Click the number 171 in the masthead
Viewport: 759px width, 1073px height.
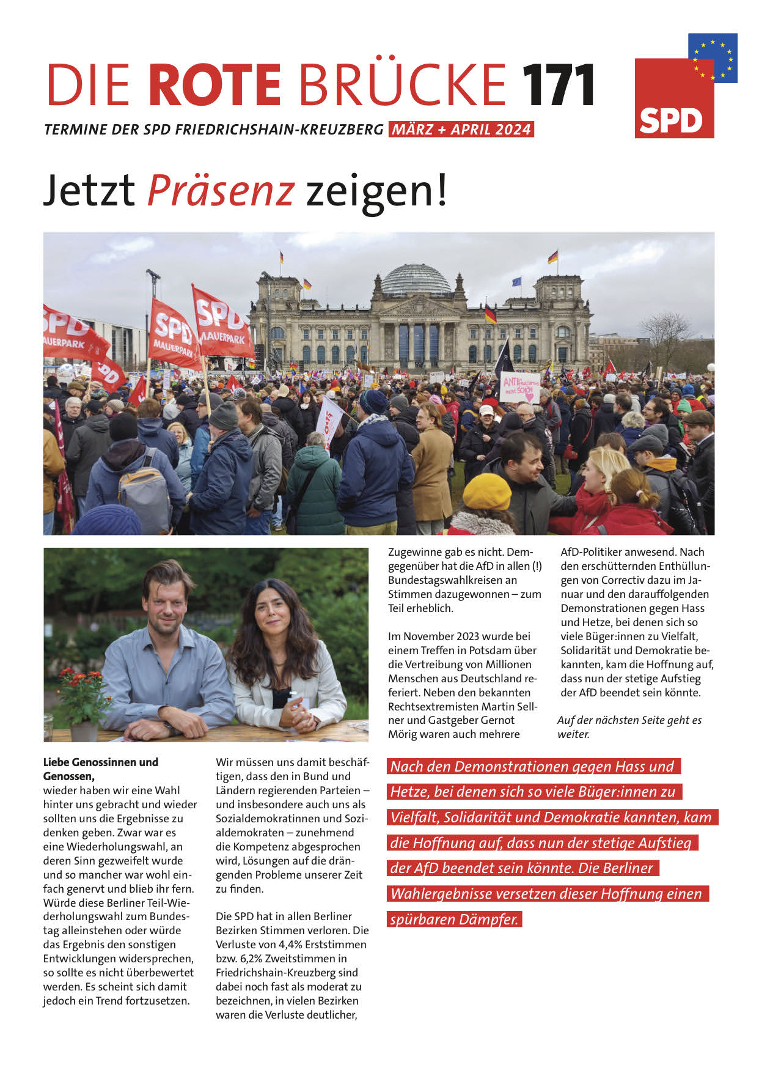[558, 85]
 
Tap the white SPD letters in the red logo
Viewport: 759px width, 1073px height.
[670, 121]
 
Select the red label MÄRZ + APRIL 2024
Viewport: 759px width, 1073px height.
[461, 130]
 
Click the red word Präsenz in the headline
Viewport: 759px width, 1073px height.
[221, 190]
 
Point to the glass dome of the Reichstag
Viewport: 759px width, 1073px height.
[416, 279]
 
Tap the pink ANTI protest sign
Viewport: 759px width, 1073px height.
[519, 386]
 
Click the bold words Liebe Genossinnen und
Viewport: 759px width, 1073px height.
[101, 762]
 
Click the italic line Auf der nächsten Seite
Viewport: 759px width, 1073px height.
[629, 720]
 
